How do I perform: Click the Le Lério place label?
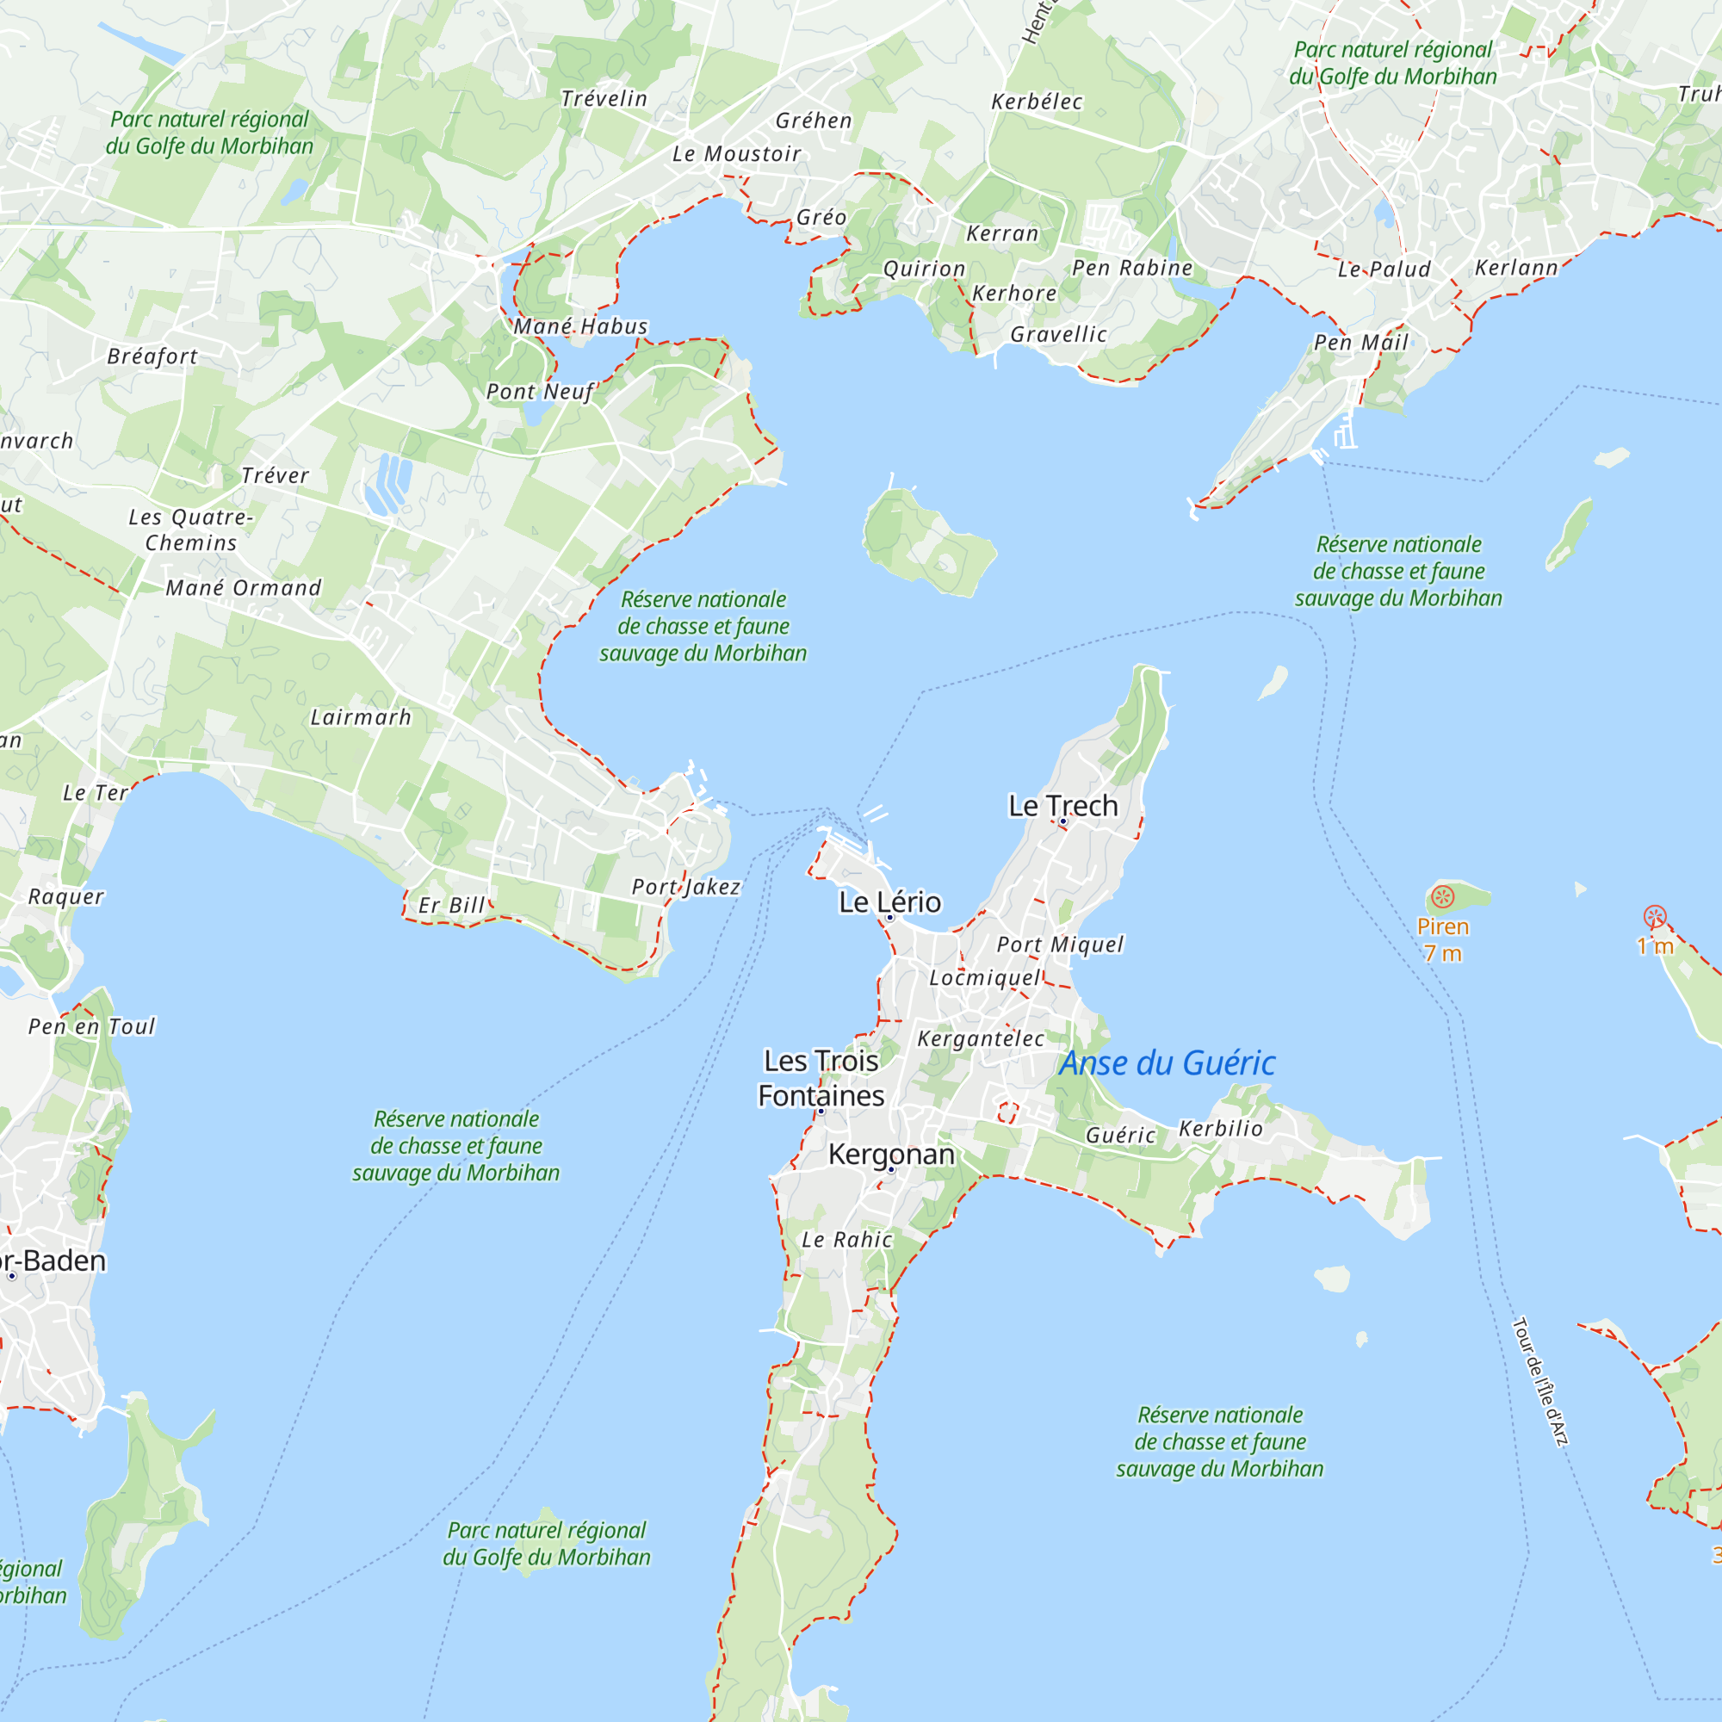889,901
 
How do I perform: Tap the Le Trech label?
1062,805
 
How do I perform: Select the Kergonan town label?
890,1154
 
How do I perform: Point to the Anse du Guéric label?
1167,1062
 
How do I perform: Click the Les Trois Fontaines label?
821,1078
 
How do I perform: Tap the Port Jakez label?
685,886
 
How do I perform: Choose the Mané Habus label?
580,326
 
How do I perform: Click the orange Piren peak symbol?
1442,896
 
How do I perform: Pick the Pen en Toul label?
92,1026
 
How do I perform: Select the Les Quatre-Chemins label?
191,530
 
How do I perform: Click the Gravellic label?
1058,334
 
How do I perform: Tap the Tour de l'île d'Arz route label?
1540,1381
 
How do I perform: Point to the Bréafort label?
152,356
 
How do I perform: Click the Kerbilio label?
1220,1129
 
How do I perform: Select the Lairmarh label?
361,716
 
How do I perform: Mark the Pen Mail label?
1361,343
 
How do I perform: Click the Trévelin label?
604,98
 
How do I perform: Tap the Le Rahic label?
846,1239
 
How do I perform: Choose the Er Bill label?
452,905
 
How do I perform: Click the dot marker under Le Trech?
1062,821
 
